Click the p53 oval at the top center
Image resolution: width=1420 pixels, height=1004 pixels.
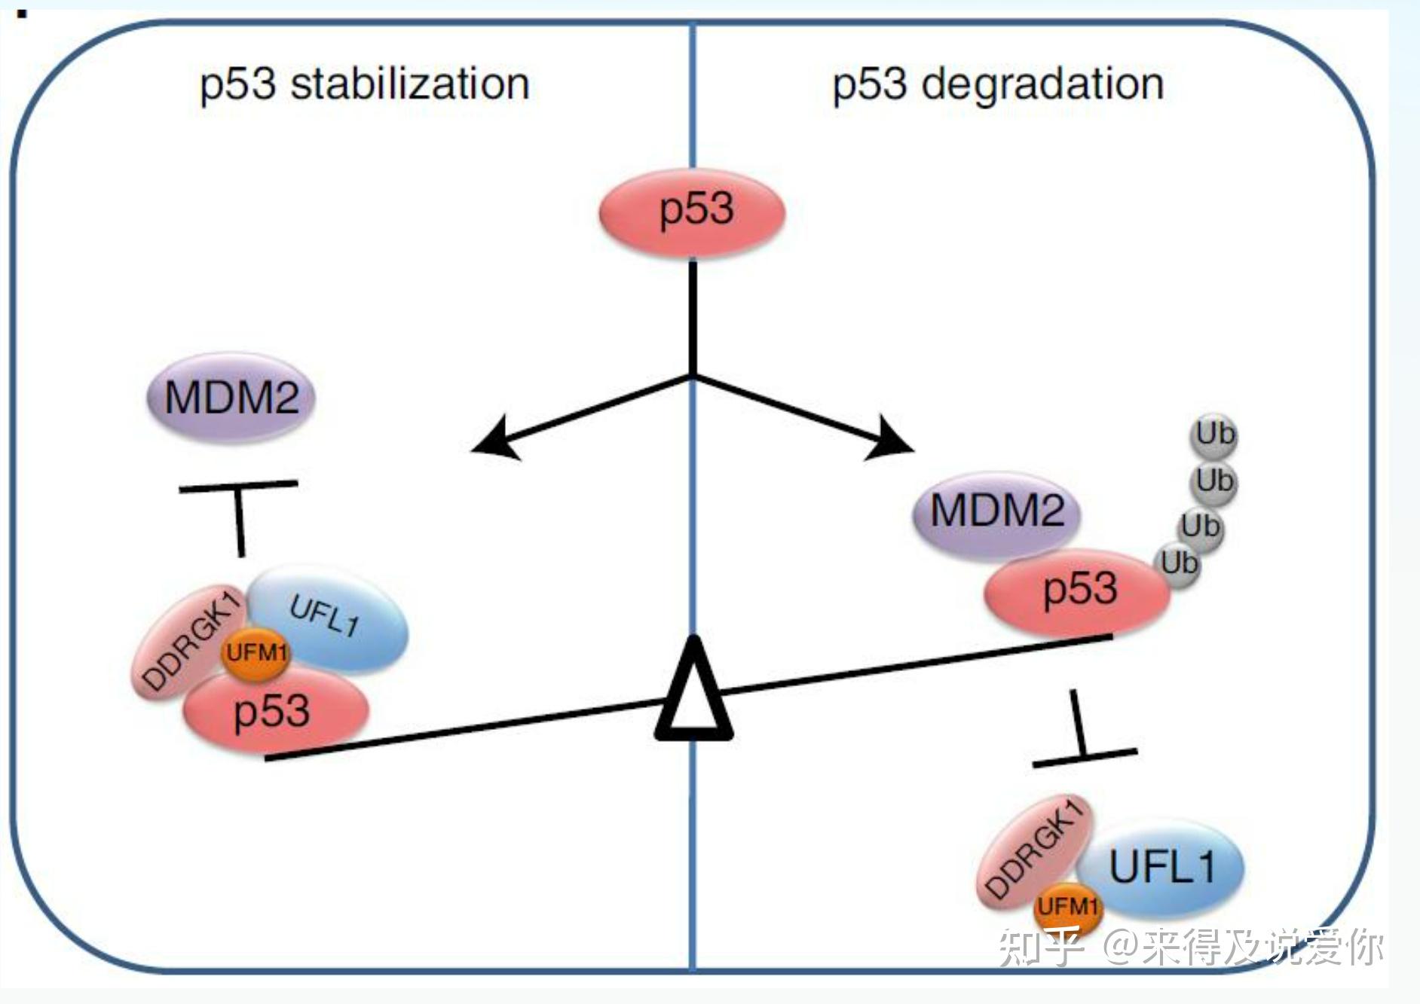[x=692, y=212]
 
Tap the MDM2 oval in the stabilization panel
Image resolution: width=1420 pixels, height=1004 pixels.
[x=231, y=397]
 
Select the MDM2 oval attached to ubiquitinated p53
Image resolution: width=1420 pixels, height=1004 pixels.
[x=996, y=512]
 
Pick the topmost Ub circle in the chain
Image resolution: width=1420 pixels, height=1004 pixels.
[x=1215, y=435]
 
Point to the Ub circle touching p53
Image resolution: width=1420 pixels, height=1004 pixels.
[x=1179, y=564]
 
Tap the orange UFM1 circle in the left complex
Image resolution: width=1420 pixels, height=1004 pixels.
[x=256, y=652]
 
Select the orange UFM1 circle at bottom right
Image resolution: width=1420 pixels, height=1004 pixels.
[x=1067, y=906]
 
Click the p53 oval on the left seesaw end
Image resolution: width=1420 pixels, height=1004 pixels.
[x=273, y=710]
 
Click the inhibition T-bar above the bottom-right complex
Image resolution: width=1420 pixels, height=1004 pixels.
[x=1083, y=734]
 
